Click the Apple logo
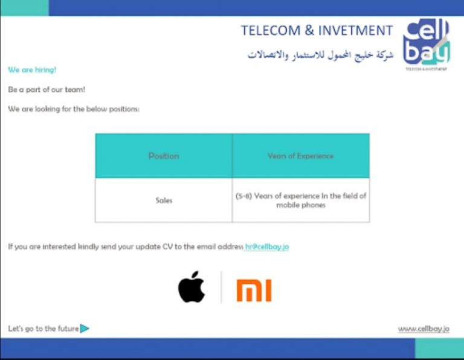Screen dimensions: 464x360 (192, 287)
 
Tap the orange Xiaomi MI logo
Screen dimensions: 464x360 (254, 291)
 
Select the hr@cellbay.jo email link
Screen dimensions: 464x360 (267, 246)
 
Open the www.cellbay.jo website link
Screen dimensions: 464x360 (424, 329)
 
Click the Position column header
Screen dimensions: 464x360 (164, 156)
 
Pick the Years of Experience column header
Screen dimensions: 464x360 (301, 156)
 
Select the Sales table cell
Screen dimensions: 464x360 (164, 201)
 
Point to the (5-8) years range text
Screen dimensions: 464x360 (243, 196)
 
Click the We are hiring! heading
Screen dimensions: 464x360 (32, 70)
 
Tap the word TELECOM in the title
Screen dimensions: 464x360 (271, 30)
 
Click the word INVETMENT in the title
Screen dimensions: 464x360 (355, 30)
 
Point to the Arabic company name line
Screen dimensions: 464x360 (320, 55)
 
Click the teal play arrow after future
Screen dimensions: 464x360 (85, 329)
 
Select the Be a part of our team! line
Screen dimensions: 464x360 (47, 89)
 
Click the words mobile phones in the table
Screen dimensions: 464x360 (301, 205)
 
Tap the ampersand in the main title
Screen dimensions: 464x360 (309, 30)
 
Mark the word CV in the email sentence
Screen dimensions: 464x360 (167, 246)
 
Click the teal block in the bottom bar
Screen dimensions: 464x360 (439, 349)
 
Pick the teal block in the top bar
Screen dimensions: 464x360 (25, 8)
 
